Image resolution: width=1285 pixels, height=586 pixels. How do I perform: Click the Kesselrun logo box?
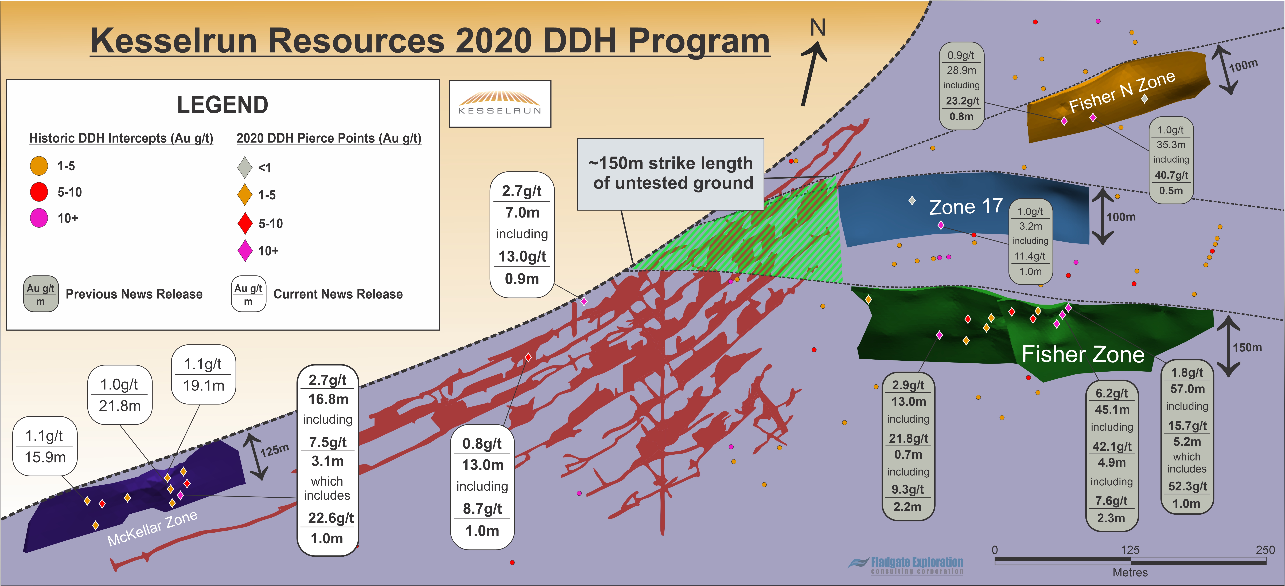coord(500,104)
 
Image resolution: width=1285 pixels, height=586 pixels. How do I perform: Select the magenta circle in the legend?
coord(39,218)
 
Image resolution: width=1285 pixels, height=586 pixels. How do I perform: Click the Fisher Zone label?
coord(1083,354)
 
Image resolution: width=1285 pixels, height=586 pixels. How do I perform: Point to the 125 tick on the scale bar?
coord(1130,550)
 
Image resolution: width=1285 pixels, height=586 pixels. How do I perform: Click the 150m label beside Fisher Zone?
coord(1247,348)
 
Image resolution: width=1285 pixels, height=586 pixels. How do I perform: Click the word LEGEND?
coord(223,105)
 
